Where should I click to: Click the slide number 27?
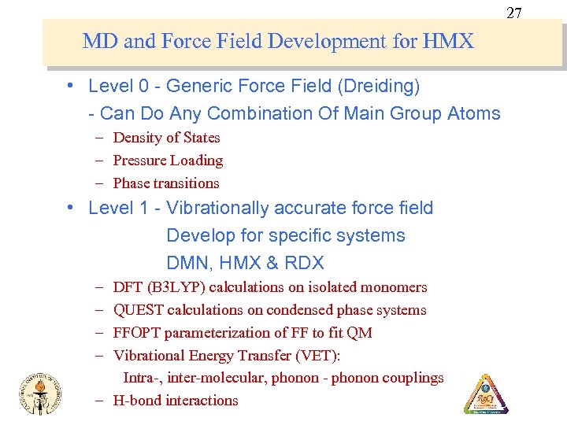[x=514, y=13]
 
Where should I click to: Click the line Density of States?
[x=166, y=138]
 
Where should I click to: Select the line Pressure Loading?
[x=168, y=161]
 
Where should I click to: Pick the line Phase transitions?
[x=166, y=183]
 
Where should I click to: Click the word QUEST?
[x=137, y=310]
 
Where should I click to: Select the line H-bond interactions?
[x=176, y=401]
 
